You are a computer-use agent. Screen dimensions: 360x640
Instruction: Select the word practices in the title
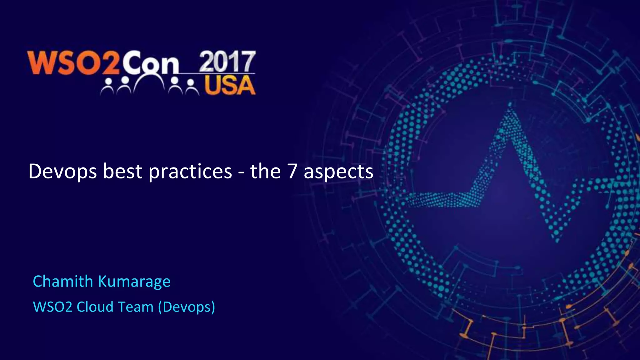[190, 172]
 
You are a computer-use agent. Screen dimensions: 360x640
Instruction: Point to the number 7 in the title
[292, 172]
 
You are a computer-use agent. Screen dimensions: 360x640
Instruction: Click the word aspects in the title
[338, 172]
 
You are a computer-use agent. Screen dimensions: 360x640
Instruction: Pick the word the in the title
[265, 172]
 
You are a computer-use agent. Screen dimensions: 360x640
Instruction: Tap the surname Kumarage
[134, 282]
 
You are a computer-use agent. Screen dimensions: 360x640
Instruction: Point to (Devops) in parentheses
[187, 307]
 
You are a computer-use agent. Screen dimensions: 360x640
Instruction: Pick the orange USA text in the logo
[230, 85]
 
